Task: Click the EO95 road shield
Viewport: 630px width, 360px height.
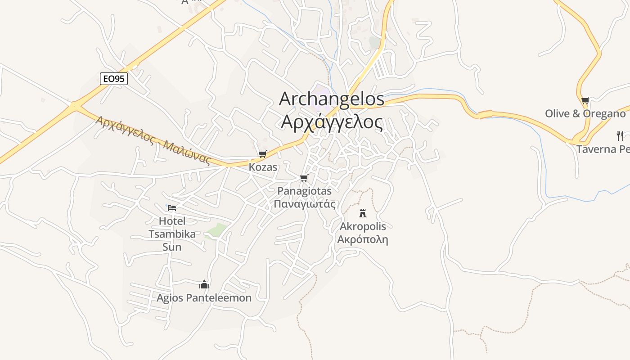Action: [x=114, y=79]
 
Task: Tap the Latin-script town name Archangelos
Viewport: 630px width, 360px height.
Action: [x=332, y=99]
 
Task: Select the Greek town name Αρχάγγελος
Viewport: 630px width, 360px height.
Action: [x=332, y=121]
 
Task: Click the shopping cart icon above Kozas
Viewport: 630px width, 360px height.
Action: [x=263, y=154]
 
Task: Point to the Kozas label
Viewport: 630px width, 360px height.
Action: [x=263, y=167]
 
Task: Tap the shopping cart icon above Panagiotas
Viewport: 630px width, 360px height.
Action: [x=304, y=178]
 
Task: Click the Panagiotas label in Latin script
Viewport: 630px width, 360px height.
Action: [x=304, y=191]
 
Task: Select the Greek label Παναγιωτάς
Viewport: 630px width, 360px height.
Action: [x=305, y=204]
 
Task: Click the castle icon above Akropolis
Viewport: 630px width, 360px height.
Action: [x=363, y=213]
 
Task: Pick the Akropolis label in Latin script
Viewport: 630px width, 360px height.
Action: [x=363, y=226]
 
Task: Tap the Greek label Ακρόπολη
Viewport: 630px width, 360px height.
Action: [x=363, y=239]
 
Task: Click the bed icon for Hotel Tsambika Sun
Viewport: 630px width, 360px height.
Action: [x=172, y=207]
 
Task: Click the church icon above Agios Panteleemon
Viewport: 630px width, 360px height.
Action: [x=204, y=284]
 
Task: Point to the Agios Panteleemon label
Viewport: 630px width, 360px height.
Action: [x=204, y=297]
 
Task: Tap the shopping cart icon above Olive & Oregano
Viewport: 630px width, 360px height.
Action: [x=585, y=100]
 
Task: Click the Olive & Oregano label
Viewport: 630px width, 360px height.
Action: [x=585, y=113]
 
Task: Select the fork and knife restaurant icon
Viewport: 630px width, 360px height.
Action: [x=620, y=135]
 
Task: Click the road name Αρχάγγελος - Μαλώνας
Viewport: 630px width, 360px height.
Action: [x=153, y=140]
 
